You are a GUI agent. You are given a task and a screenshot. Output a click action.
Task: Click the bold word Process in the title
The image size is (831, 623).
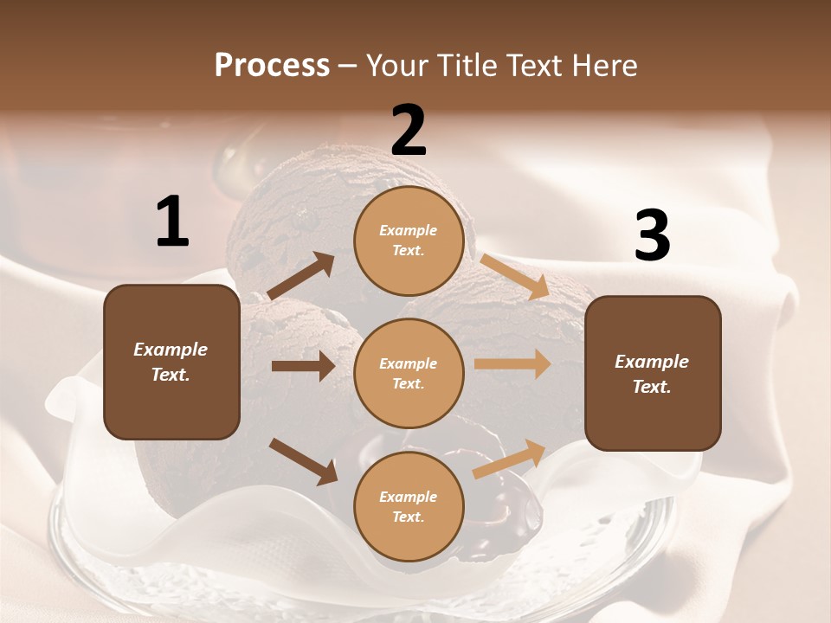(x=272, y=65)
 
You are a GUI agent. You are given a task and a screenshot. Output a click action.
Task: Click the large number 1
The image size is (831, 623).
(x=172, y=222)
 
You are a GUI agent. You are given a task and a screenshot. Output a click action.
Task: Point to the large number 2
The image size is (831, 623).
(x=409, y=131)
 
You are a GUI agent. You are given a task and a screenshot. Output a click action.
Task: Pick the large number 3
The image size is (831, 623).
(x=652, y=236)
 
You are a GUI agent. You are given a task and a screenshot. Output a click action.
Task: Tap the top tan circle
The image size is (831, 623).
(x=409, y=241)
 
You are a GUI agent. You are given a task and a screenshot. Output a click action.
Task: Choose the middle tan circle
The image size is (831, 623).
(x=409, y=373)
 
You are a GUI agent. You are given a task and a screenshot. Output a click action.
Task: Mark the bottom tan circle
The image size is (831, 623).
(x=409, y=506)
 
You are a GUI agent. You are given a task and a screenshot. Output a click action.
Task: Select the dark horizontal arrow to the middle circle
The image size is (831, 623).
(x=303, y=366)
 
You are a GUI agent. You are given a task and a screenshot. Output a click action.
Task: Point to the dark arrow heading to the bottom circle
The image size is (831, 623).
(x=304, y=461)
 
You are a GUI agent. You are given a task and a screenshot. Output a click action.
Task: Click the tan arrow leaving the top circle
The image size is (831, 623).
(x=513, y=275)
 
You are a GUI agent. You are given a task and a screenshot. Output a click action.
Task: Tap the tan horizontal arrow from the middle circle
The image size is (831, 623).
(x=512, y=364)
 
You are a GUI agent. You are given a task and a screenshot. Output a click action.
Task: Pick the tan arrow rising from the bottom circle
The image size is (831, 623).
(x=509, y=459)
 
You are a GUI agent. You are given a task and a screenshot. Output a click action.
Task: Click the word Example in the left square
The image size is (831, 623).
(x=171, y=350)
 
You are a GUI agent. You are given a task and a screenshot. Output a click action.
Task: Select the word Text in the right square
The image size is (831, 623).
(x=651, y=387)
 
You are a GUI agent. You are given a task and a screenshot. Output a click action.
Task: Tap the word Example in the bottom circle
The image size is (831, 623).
(x=408, y=497)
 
